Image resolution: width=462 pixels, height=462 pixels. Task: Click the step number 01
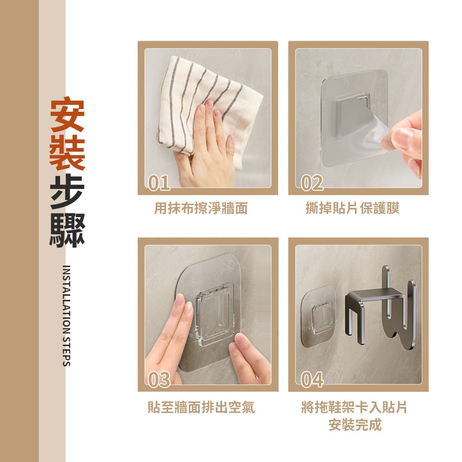point(159,182)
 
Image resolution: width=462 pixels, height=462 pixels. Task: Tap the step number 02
point(312,182)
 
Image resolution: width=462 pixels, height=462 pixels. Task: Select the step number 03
point(159,379)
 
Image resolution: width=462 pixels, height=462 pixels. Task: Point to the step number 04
point(312,379)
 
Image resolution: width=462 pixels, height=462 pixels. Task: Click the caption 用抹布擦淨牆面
point(201,208)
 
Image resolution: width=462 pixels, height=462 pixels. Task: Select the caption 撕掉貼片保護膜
point(353,208)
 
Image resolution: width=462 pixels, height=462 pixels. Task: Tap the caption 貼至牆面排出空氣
point(201,407)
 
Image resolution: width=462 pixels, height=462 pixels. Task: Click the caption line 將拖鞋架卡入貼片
point(354,407)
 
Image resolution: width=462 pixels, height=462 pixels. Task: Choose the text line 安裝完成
point(355,425)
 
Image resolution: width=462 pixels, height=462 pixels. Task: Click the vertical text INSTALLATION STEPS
point(67,316)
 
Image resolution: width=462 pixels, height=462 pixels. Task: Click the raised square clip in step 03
point(214,314)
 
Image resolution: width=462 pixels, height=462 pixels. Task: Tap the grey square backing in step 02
point(351,115)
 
